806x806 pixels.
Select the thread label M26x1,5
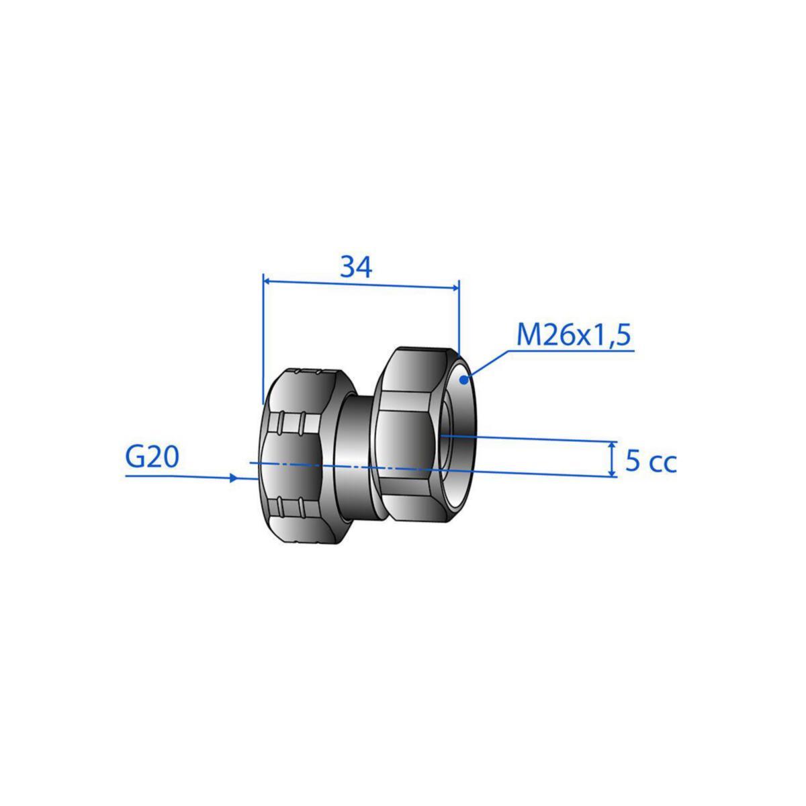point(573,336)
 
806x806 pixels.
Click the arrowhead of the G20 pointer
point(234,478)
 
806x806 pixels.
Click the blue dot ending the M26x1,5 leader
point(463,380)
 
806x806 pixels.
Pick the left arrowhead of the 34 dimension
point(268,281)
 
